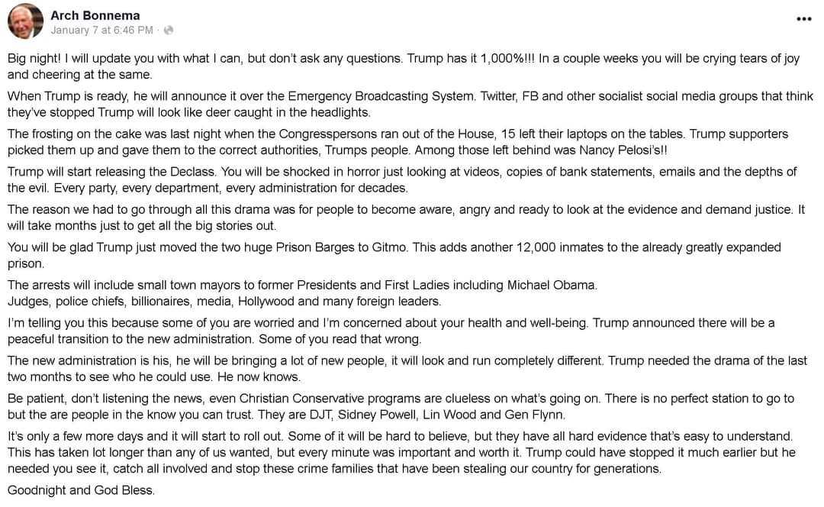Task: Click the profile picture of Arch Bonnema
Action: pos(25,21)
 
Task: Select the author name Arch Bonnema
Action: pos(95,15)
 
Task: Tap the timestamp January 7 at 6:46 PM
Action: pos(102,31)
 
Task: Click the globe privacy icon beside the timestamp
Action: pos(169,31)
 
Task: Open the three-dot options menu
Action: pos(803,19)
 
